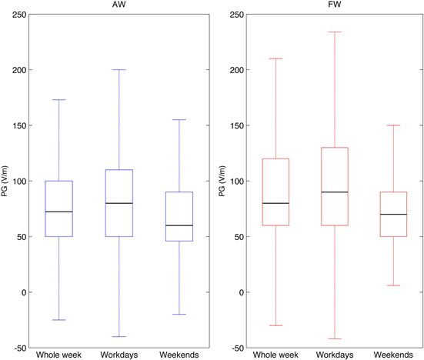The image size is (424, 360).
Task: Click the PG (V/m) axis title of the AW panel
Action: click(6, 181)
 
